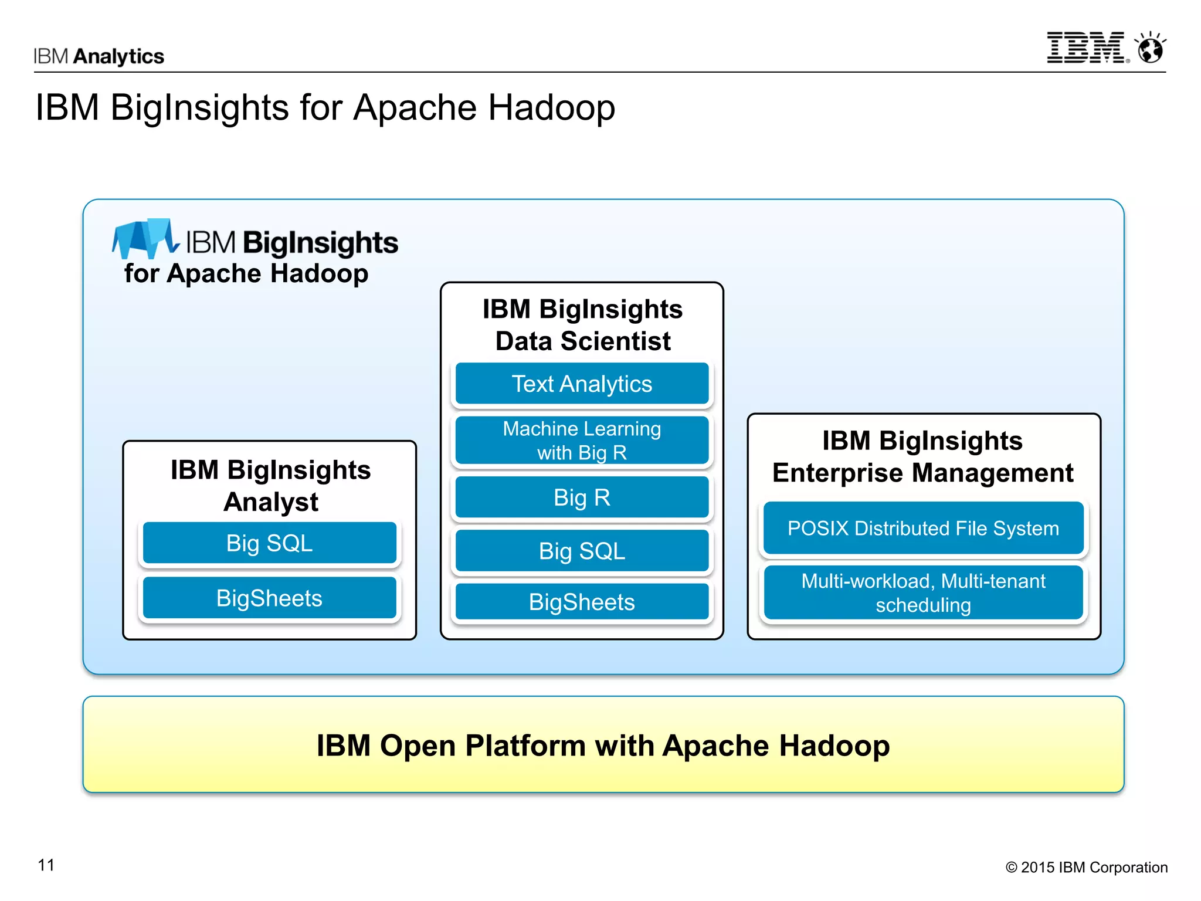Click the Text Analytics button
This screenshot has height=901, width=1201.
(x=582, y=384)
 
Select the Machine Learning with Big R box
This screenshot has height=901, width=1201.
(x=582, y=441)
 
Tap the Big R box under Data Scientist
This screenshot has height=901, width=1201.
(x=582, y=497)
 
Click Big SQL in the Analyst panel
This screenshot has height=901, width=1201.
(x=269, y=543)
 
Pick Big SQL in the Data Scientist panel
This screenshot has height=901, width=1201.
(x=582, y=551)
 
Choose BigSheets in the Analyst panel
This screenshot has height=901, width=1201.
(x=269, y=598)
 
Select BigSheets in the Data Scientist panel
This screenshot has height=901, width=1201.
(x=582, y=602)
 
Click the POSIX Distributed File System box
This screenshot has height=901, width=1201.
(x=923, y=528)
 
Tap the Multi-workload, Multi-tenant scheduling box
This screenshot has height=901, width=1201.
(x=923, y=592)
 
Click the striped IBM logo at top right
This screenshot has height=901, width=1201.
(x=1085, y=48)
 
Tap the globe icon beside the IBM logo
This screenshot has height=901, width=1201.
(x=1151, y=49)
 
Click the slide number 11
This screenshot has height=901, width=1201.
(x=46, y=865)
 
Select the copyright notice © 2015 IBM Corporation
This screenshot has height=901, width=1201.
(x=1086, y=867)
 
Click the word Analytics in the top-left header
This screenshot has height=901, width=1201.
(x=119, y=56)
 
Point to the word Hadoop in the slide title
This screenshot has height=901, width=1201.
(x=552, y=108)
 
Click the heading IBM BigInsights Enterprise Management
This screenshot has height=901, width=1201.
(x=922, y=456)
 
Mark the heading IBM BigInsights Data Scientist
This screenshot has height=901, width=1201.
(x=582, y=325)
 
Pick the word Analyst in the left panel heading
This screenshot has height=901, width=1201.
(x=271, y=502)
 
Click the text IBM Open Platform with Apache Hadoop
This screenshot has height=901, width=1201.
(x=603, y=746)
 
